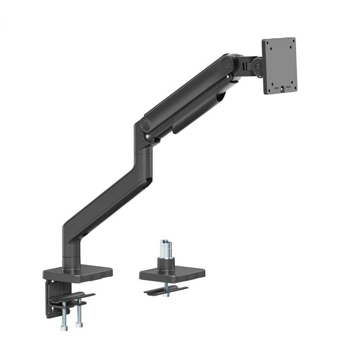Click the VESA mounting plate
click(x=279, y=66)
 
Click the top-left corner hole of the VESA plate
click(x=267, y=44)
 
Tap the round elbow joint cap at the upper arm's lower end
click(x=145, y=124)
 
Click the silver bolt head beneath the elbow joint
click(x=149, y=136)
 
